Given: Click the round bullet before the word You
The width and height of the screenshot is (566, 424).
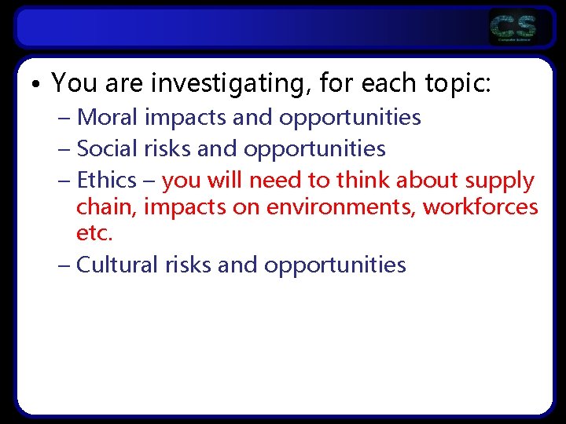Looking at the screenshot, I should pyautogui.click(x=36, y=83).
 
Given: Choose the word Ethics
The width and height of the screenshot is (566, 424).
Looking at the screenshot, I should pyautogui.click(x=107, y=180).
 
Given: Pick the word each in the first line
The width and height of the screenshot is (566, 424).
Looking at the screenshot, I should pyautogui.click(x=376, y=82).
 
